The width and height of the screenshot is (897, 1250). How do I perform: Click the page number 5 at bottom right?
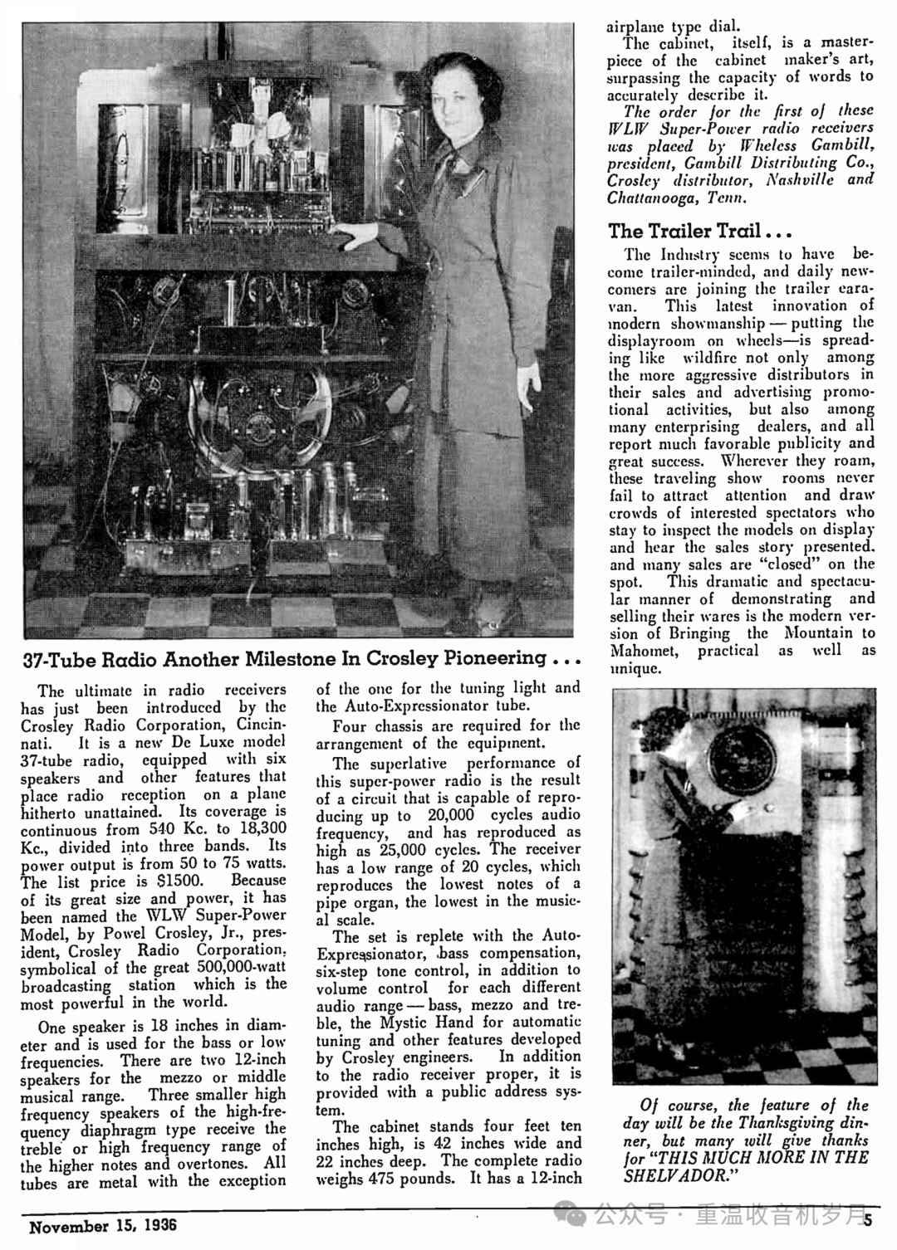click(869, 1219)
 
